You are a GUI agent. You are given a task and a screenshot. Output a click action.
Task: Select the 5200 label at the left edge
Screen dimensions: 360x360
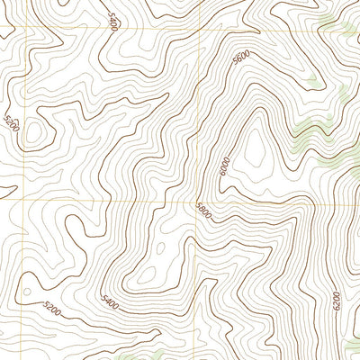click(10, 124)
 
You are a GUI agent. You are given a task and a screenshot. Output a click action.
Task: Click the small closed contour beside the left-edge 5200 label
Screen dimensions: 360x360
click(36, 133)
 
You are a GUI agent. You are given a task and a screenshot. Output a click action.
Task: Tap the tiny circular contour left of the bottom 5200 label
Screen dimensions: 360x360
click(28, 293)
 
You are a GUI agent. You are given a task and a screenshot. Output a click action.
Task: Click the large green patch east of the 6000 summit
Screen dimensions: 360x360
click(310, 135)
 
